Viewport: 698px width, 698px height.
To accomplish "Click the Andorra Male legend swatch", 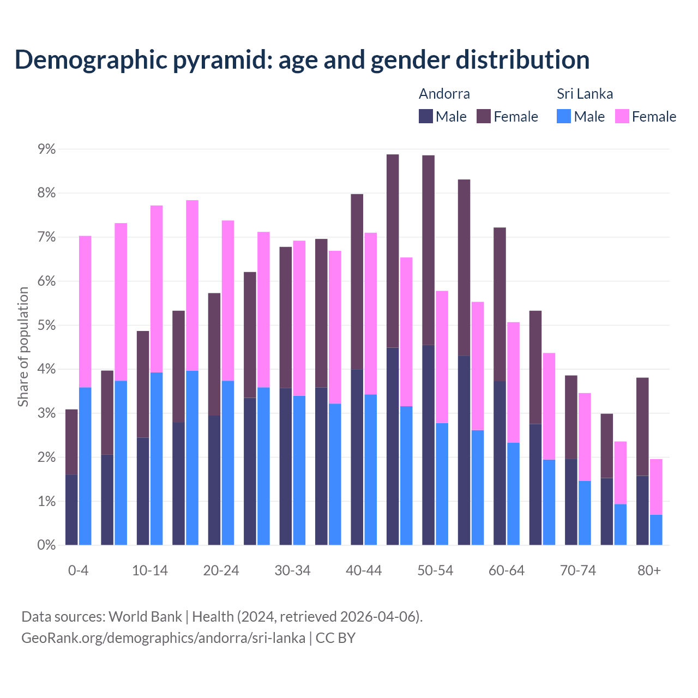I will (426, 116).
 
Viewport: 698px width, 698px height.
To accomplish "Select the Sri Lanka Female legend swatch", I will (622, 116).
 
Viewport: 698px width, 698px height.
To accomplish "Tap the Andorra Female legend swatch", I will (484, 116).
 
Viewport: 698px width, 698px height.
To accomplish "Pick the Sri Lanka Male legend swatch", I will (564, 116).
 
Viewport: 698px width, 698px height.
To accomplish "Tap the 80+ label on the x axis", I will (649, 570).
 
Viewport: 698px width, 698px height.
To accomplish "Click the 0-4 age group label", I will (78, 570).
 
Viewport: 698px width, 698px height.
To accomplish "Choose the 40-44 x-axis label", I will (364, 570).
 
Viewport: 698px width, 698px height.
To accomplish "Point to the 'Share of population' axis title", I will (23, 347).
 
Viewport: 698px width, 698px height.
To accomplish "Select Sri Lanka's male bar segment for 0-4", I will (85, 466).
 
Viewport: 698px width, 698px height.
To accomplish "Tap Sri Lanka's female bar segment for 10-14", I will (157, 289).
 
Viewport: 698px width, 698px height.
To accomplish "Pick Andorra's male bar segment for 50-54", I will (429, 445).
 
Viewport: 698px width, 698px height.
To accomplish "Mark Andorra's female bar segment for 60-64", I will (500, 304).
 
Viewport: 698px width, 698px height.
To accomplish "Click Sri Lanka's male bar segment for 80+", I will (656, 529).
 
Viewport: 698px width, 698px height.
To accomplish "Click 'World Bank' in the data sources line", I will (145, 617).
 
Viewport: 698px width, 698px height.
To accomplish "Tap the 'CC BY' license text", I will (335, 637).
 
